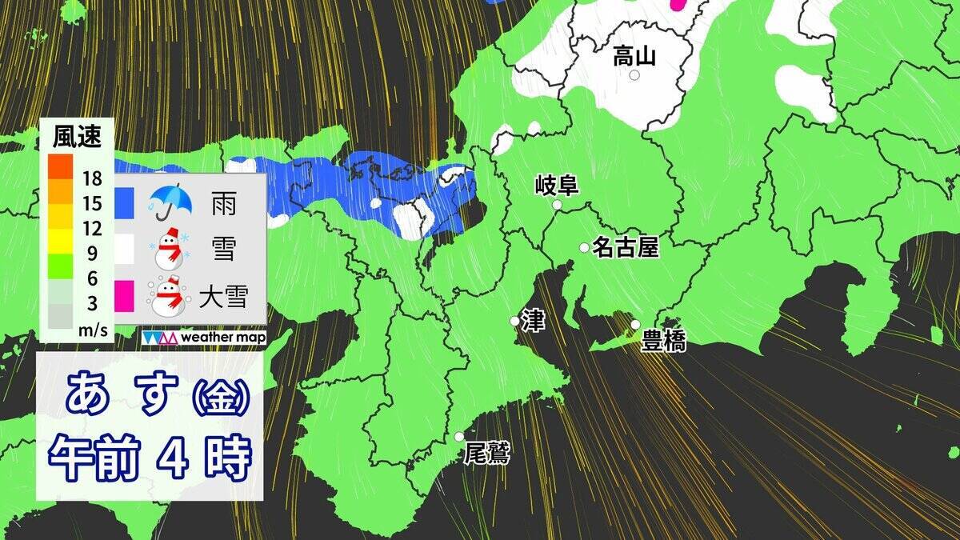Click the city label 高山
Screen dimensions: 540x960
pyautogui.click(x=634, y=56)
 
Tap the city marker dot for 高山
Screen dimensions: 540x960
pyautogui.click(x=634, y=75)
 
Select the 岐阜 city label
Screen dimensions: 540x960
pyautogui.click(x=556, y=186)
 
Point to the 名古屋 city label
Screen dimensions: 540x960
pyautogui.click(x=626, y=248)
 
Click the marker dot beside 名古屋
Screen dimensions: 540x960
pyautogui.click(x=585, y=248)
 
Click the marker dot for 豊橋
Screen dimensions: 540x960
pyautogui.click(x=635, y=325)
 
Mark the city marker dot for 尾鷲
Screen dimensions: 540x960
pyautogui.click(x=459, y=437)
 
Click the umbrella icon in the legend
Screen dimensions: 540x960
pyautogui.click(x=170, y=202)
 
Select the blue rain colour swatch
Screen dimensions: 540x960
pyautogui.click(x=123, y=202)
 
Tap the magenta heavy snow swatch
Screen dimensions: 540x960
pyautogui.click(x=123, y=297)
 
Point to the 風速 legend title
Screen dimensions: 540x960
pyautogui.click(x=77, y=138)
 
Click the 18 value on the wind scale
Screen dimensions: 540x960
pyautogui.click(x=92, y=177)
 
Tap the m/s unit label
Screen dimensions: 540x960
pyautogui.click(x=92, y=328)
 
